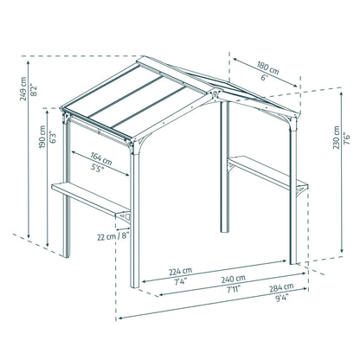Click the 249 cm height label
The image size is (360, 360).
[23, 88]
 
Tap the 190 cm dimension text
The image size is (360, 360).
[42, 137]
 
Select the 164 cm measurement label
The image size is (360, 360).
[101, 158]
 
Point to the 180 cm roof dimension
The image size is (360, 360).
[268, 68]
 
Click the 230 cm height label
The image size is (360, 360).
[337, 138]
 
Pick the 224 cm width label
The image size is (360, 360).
[180, 272]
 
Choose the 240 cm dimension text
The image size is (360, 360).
[234, 279]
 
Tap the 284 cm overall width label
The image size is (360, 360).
[281, 287]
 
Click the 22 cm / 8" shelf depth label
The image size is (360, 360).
[112, 236]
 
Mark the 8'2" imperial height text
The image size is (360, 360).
[34, 89]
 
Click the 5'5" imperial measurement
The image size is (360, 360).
[98, 168]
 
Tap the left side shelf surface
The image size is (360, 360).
[91, 197]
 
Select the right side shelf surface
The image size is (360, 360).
[267, 171]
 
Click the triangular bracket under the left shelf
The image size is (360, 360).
[125, 217]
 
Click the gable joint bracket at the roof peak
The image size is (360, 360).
[215, 95]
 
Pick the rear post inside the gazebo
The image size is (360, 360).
[225, 167]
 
